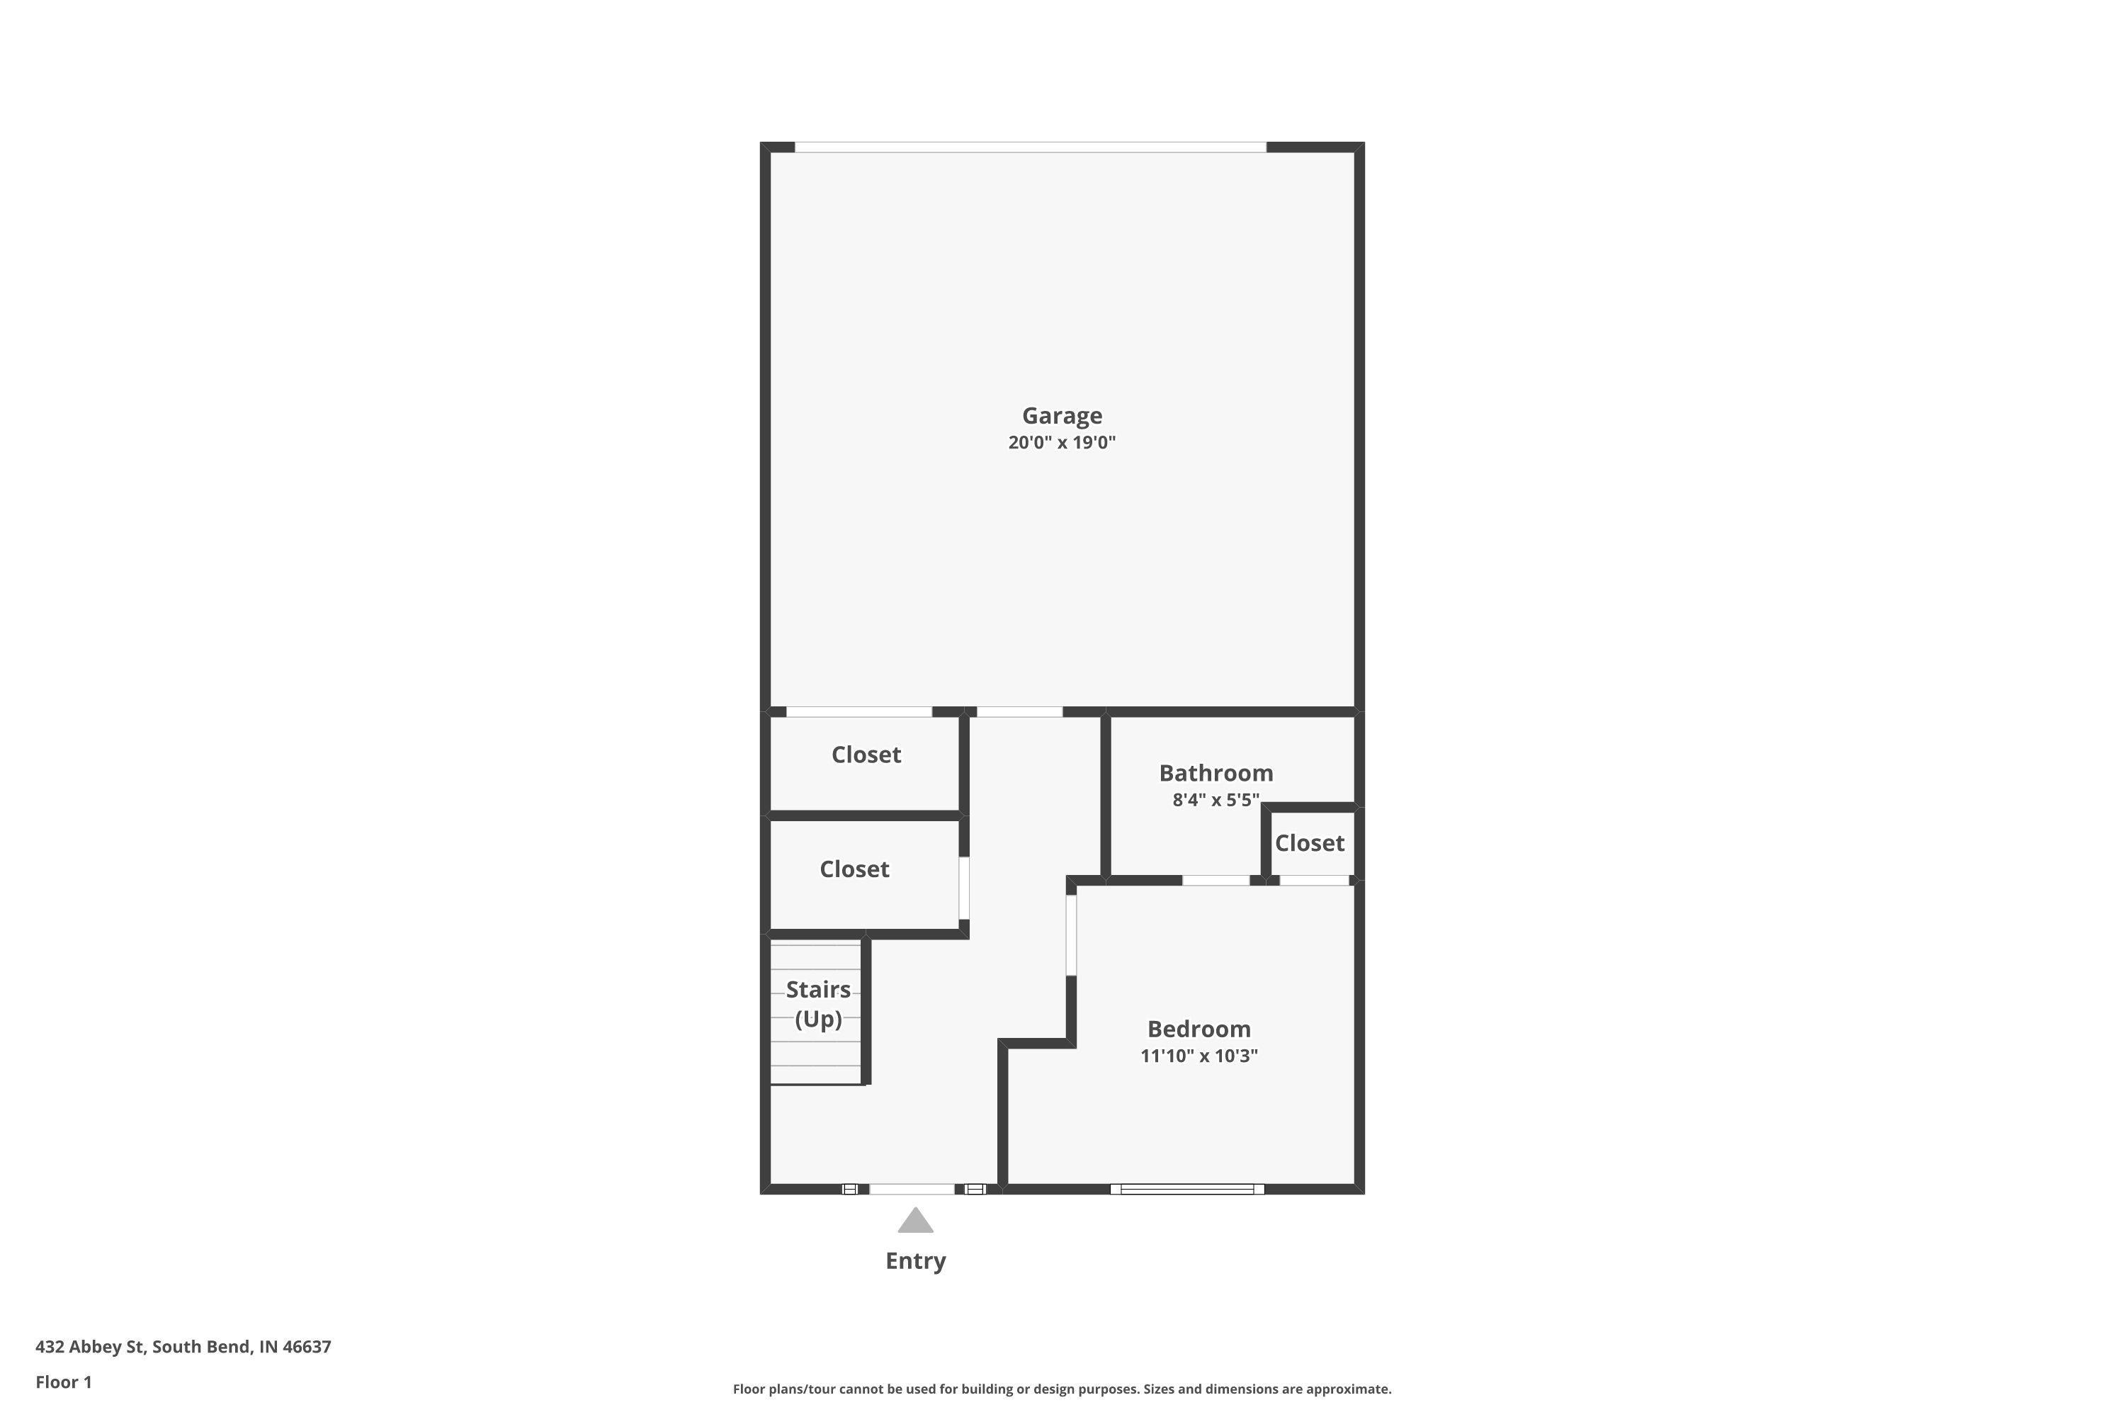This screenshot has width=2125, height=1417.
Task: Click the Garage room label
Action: click(1062, 416)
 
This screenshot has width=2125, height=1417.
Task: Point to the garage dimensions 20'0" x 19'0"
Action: click(1062, 443)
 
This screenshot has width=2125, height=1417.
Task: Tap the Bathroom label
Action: click(1216, 773)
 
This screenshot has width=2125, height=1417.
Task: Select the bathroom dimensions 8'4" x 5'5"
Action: click(1216, 800)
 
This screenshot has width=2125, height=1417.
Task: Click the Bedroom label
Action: click(1199, 1029)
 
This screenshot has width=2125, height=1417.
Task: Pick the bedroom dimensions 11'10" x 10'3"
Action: click(1199, 1056)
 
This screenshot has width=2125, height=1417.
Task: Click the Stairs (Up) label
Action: click(817, 1004)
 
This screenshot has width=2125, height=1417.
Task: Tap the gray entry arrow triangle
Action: click(915, 1221)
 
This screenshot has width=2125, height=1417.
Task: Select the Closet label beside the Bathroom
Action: click(1309, 843)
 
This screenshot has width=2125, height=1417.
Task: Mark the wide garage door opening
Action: click(1030, 147)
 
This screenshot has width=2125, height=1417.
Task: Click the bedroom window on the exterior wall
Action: click(1187, 1190)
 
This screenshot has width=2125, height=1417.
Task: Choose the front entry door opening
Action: click(912, 1190)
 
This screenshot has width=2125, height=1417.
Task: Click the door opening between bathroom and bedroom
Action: click(1216, 880)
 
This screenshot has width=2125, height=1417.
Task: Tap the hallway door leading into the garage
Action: click(1019, 712)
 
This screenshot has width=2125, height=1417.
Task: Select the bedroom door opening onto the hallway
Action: click(1072, 935)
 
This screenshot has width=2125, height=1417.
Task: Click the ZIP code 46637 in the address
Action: click(307, 1347)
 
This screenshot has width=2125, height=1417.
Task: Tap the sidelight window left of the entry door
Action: click(849, 1190)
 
